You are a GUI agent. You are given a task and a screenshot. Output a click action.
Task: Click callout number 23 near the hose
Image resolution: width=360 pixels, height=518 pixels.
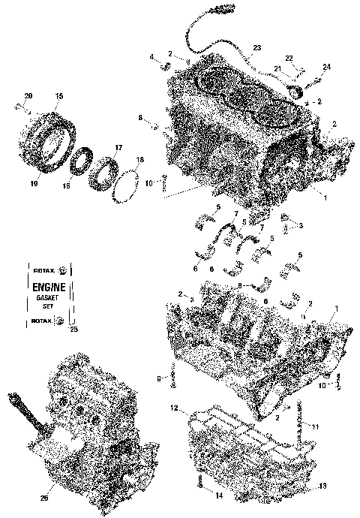(x=256, y=48)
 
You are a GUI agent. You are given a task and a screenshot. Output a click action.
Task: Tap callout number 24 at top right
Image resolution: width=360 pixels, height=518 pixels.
(x=326, y=68)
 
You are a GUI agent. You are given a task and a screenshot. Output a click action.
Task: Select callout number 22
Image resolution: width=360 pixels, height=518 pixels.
(x=289, y=58)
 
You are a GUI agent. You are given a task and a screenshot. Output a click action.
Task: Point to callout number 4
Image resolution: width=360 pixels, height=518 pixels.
(x=151, y=57)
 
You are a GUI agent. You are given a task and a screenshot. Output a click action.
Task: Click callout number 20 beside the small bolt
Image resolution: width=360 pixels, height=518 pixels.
(x=28, y=95)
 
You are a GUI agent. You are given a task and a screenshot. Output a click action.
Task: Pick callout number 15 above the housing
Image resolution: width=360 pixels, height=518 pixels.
(x=59, y=95)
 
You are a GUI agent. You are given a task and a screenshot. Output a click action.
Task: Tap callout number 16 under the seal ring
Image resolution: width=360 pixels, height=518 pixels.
(x=66, y=185)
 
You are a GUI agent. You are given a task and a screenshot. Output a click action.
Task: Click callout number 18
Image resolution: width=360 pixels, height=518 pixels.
(x=139, y=161)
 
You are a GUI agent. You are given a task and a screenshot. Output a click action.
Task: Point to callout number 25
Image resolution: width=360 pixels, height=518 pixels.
(x=73, y=329)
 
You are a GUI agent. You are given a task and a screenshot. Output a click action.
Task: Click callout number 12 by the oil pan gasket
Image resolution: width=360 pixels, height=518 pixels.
(x=173, y=408)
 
